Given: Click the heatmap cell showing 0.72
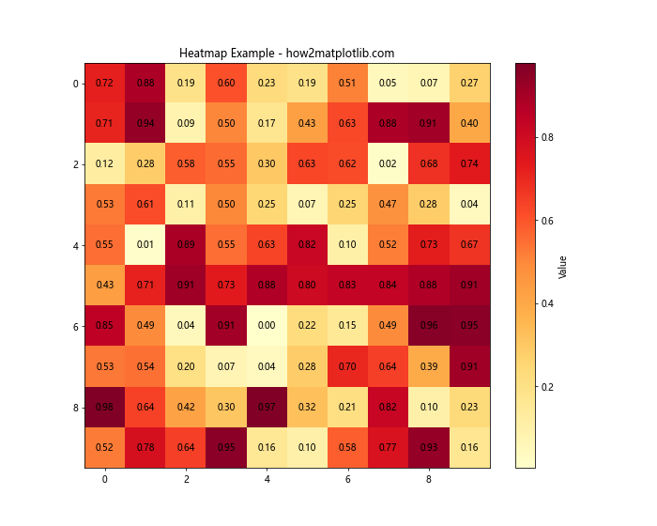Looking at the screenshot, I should [x=104, y=84].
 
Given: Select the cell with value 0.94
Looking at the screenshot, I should [x=145, y=124].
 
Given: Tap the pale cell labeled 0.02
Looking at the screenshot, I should [x=389, y=164].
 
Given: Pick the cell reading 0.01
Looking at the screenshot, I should [x=145, y=245].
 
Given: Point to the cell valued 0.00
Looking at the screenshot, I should [x=267, y=326].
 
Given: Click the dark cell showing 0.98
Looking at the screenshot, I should [x=104, y=407].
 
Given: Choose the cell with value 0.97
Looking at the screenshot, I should [x=267, y=407].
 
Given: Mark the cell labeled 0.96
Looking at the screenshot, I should [x=429, y=326].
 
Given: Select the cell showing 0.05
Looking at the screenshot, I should [x=389, y=84].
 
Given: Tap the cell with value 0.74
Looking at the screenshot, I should [x=469, y=164].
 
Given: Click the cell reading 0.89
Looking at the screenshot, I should [x=186, y=245].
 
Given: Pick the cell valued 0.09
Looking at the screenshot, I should [x=186, y=124].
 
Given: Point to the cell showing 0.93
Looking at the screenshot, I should [x=429, y=447].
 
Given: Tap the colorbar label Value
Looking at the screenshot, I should [x=563, y=266].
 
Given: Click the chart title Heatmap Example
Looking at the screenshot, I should [x=286, y=54].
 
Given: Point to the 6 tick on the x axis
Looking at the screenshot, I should [x=348, y=479].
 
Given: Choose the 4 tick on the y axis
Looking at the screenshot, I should [x=75, y=245].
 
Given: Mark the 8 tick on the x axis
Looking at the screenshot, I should [x=429, y=479].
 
